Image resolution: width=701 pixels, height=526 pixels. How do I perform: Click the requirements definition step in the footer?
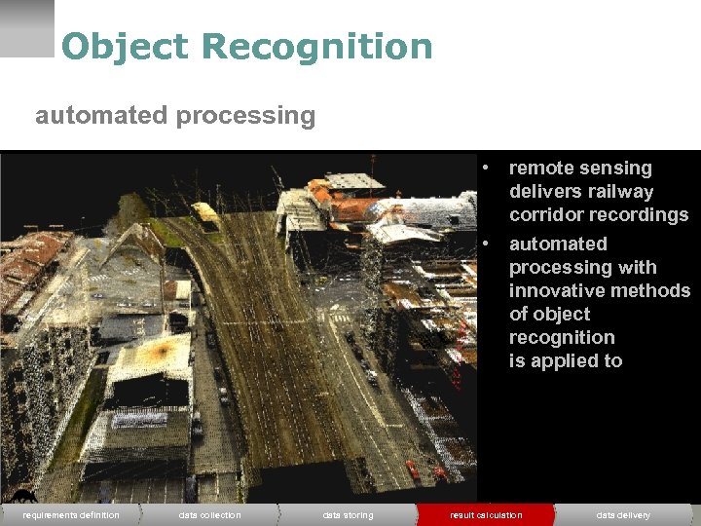[x=70, y=514]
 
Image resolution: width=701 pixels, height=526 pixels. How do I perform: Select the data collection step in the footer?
[x=209, y=514]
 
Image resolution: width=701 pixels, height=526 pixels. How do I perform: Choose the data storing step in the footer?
[x=348, y=514]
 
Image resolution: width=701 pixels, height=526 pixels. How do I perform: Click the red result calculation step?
[x=486, y=514]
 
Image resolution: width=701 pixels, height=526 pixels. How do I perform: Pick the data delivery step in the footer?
[x=623, y=514]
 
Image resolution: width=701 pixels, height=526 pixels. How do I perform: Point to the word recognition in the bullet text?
[x=562, y=338]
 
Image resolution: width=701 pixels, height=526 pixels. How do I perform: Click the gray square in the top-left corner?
[x=26, y=27]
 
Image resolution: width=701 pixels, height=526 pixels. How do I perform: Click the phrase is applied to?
[x=565, y=361]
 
